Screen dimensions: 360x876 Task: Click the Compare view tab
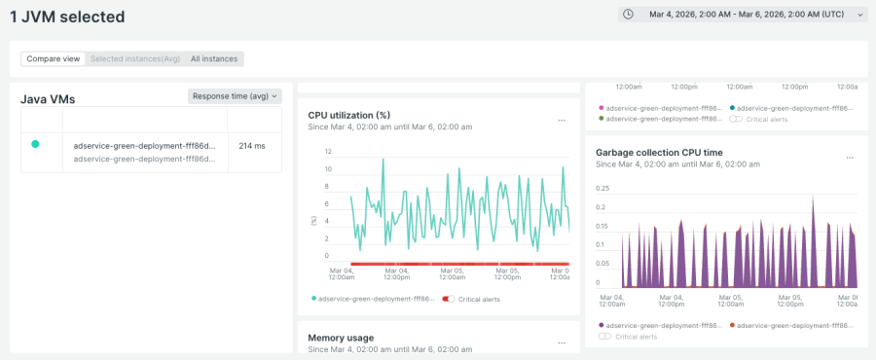54,58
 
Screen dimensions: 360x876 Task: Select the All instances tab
213,58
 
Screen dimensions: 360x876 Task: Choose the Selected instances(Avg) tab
135,58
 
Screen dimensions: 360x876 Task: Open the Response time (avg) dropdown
235,95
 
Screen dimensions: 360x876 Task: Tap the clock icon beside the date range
629,15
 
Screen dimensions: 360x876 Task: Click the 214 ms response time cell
252,146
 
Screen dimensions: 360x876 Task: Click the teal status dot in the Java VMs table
35,144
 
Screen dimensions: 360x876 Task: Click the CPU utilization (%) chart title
348,115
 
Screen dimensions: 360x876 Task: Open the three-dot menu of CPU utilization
561,121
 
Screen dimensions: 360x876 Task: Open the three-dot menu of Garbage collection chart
850,158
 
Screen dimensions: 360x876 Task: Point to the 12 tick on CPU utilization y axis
328,152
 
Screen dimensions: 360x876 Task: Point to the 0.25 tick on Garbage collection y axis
602,188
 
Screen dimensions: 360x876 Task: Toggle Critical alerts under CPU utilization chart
449,299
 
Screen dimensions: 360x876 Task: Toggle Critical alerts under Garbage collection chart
605,336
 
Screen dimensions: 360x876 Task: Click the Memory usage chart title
341,338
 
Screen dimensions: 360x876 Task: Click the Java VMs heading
48,99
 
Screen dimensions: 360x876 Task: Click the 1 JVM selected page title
67,17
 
